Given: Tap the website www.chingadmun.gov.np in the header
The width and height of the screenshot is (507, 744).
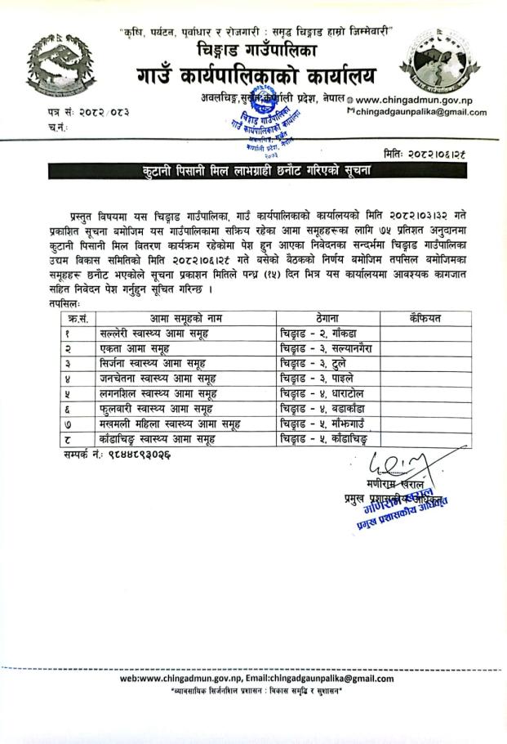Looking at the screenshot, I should coord(421,98).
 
